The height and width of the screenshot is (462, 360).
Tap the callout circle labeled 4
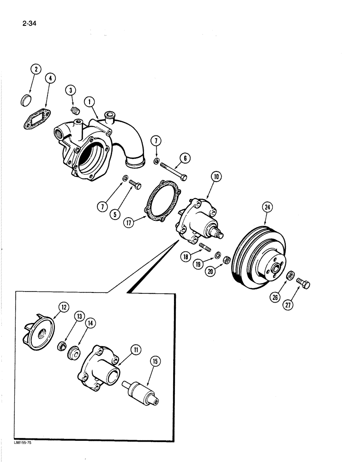[x=50, y=79]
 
